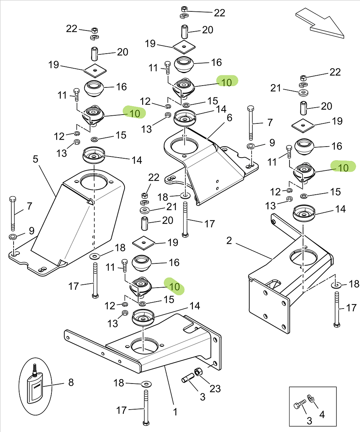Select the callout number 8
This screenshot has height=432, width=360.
[71, 382]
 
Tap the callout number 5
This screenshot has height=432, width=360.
[35, 159]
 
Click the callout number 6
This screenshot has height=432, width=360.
[230, 118]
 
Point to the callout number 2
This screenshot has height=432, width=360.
[229, 241]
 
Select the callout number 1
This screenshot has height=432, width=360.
[175, 412]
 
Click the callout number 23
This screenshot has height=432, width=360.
[215, 388]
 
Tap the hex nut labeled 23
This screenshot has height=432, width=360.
[198, 372]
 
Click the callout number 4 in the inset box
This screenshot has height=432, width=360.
[322, 414]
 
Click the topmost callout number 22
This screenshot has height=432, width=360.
[219, 13]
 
